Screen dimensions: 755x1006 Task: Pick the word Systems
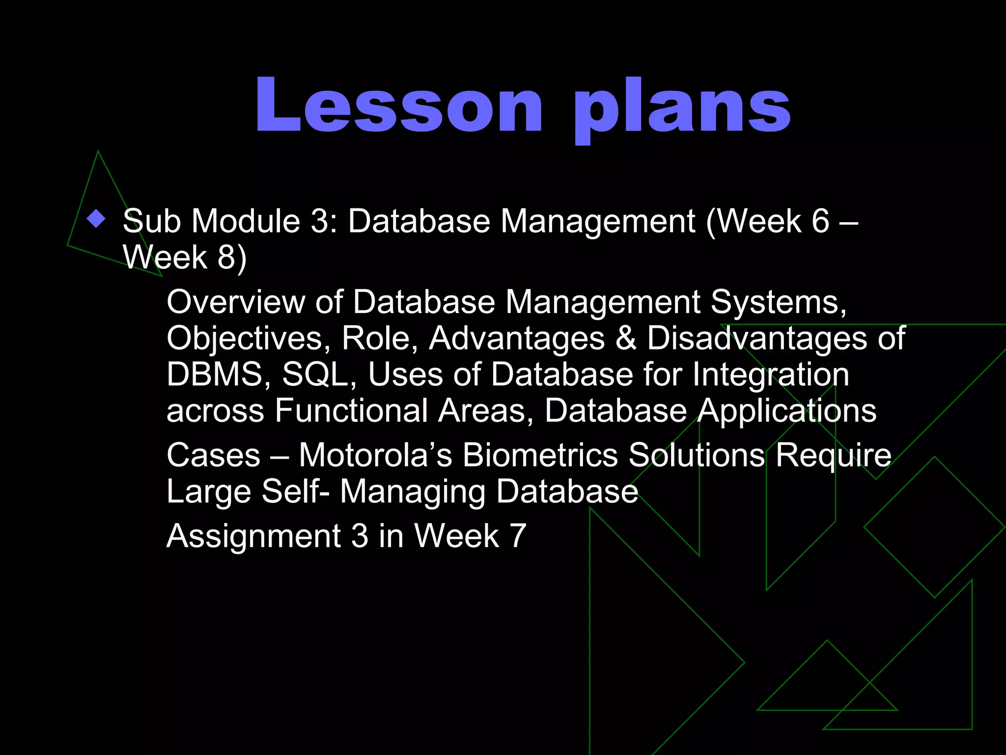tap(778, 302)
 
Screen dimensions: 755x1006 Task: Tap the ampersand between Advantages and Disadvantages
tap(626, 339)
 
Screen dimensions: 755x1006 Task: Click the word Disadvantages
tap(757, 339)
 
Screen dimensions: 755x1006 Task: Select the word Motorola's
tap(375, 455)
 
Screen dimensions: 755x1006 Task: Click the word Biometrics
tap(540, 455)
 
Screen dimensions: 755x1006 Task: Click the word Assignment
tap(253, 536)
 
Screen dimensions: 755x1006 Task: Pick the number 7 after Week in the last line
tap(518, 536)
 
